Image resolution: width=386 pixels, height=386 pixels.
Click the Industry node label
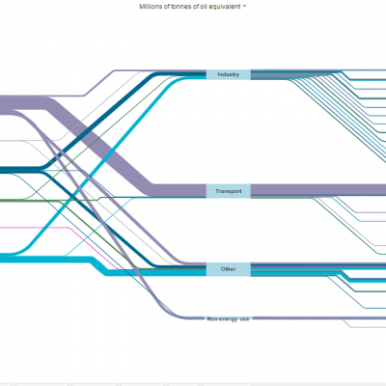pyautogui.click(x=229, y=74)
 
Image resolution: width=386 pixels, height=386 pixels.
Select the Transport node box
pyautogui.click(x=229, y=191)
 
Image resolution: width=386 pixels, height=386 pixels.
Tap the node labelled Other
pyautogui.click(x=229, y=269)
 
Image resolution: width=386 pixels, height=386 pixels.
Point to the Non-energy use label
pyautogui.click(x=228, y=319)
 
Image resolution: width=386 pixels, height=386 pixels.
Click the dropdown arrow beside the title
pyautogui.click(x=244, y=7)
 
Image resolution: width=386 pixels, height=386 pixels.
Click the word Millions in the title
pyautogui.click(x=150, y=7)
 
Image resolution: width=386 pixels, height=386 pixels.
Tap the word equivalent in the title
pyautogui.click(x=226, y=7)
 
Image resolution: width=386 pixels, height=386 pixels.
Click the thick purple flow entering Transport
pyautogui.click(x=99, y=145)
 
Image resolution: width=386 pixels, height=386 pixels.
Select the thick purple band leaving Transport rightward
pyautogui.click(x=318, y=190)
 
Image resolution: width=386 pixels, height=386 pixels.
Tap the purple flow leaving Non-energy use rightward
pyautogui.click(x=318, y=318)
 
